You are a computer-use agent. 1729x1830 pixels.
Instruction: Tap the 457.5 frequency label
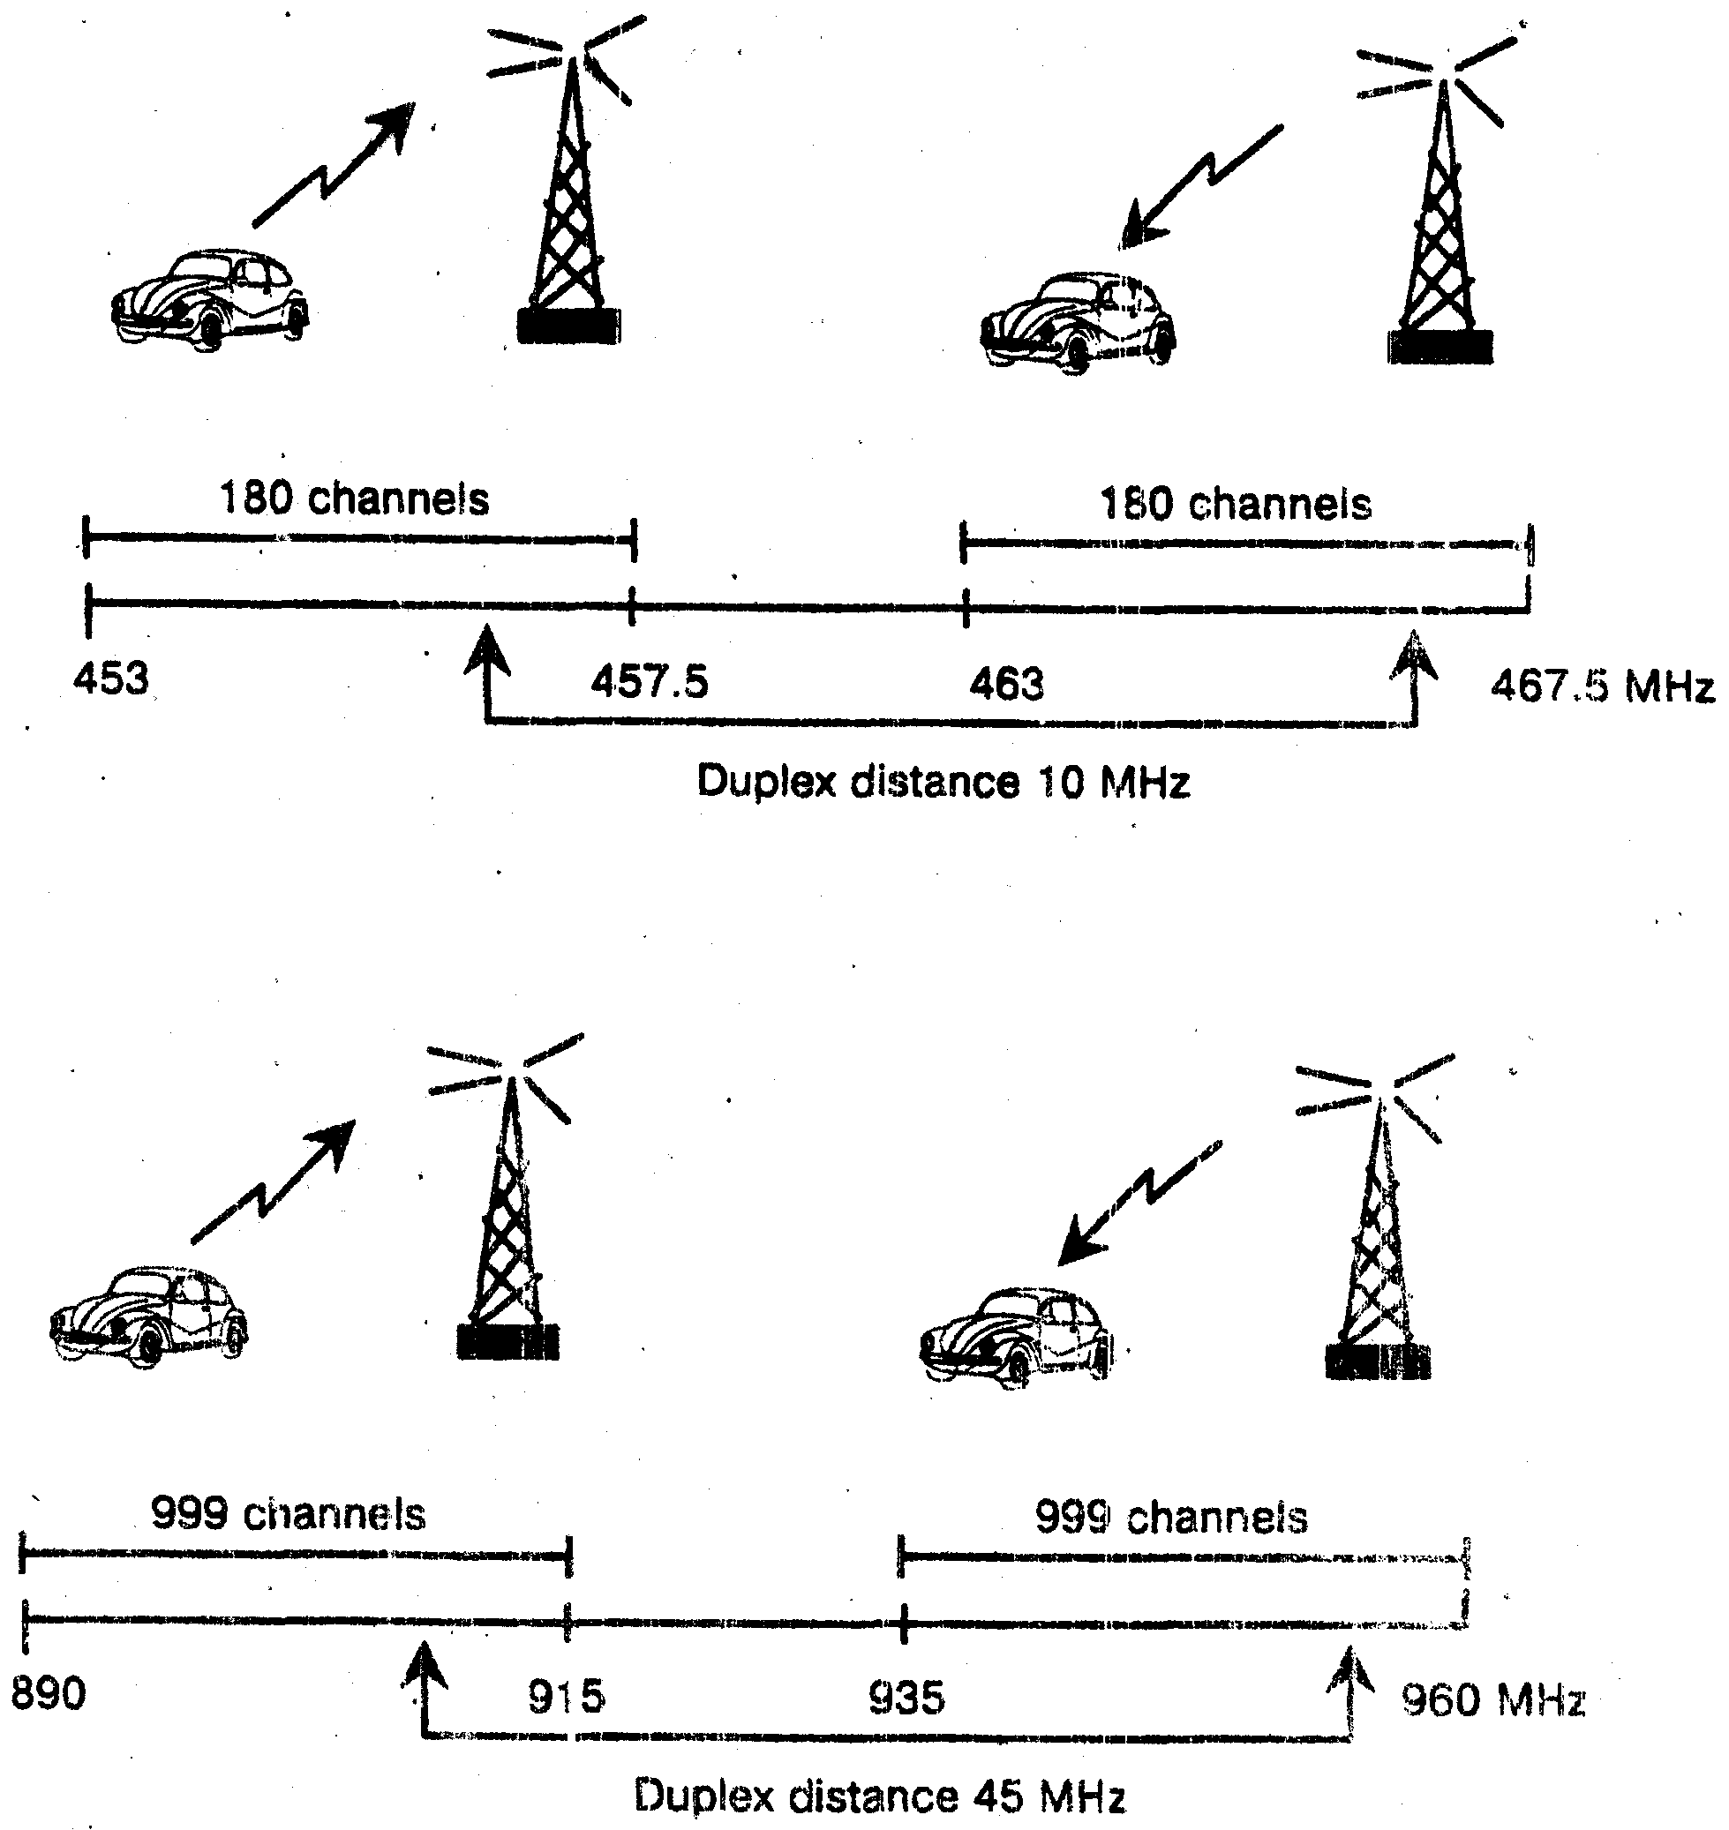pos(650,683)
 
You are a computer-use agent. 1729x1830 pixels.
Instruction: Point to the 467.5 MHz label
pos(1602,687)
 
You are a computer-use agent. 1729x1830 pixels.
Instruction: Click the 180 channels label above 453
pos(354,499)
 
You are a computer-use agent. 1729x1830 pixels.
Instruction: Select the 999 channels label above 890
pos(289,1514)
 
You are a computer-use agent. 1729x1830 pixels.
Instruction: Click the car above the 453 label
pos(209,298)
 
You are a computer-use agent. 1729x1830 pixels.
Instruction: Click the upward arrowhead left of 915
pos(424,1669)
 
